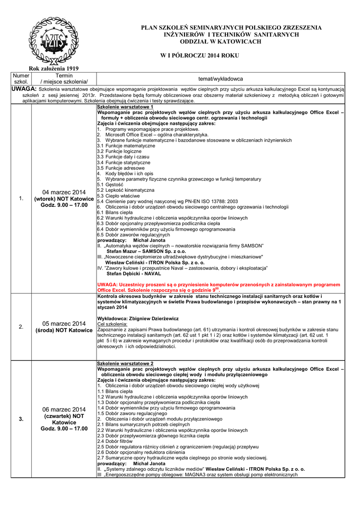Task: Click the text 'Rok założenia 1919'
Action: [x=54, y=68]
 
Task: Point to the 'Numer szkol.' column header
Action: [x=21, y=78]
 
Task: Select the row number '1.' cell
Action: [x=21, y=199]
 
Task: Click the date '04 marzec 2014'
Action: [x=64, y=192]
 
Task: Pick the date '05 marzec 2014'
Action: [x=64, y=324]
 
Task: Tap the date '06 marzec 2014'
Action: [x=64, y=409]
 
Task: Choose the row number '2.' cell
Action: [x=21, y=327]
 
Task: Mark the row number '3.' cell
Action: [x=21, y=419]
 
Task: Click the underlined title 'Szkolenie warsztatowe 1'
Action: [x=125, y=107]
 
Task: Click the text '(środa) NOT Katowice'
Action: [x=64, y=331]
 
